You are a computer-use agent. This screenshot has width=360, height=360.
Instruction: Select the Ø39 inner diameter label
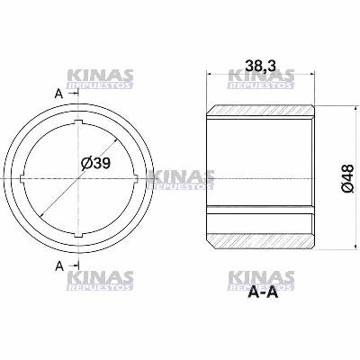tap(94, 164)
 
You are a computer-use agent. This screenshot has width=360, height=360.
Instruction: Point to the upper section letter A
tap(58, 93)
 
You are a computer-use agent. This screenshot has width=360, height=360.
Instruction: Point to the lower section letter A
tap(58, 265)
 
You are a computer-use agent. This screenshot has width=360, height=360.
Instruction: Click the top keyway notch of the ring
tap(78, 121)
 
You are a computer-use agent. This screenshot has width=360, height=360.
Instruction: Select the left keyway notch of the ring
tap(22, 178)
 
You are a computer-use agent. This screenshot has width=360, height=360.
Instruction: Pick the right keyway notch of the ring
tap(135, 178)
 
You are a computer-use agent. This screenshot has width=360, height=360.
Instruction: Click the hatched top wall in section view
tap(260, 115)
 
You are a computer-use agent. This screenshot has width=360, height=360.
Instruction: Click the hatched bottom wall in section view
tap(260, 242)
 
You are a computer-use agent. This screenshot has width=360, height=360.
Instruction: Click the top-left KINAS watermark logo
tap(100, 78)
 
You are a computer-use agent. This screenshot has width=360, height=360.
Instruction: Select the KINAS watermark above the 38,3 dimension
tap(262, 78)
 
